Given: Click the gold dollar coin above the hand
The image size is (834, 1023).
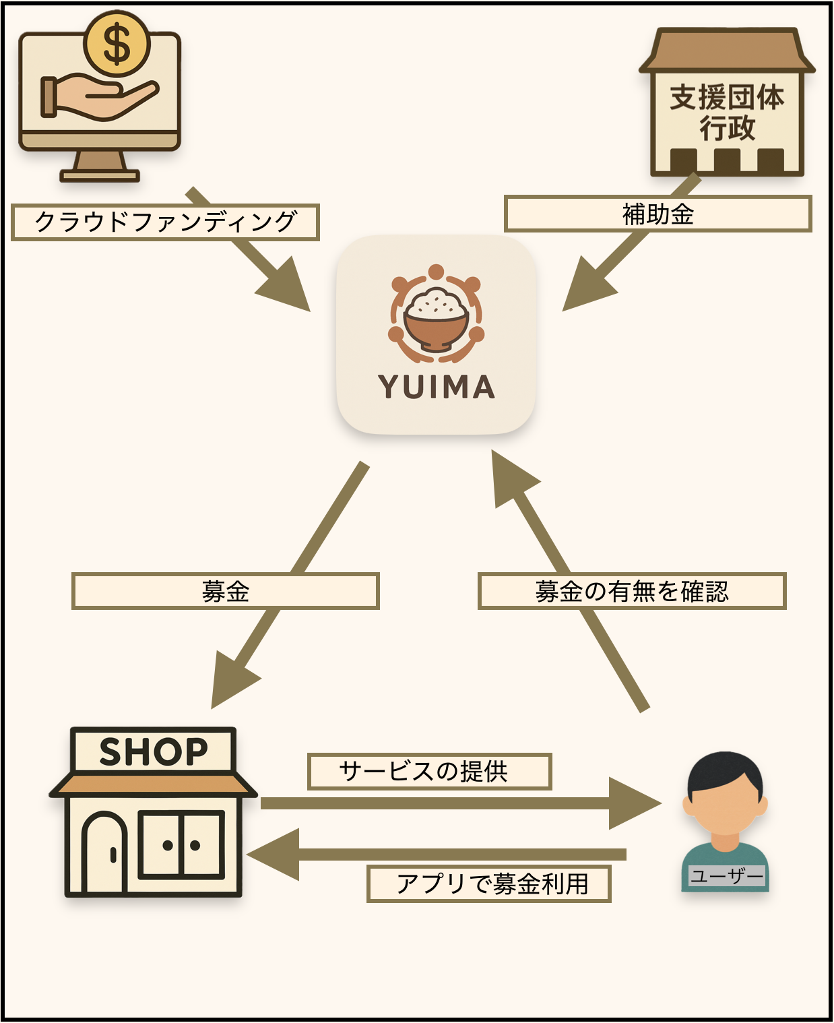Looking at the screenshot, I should point(117,44).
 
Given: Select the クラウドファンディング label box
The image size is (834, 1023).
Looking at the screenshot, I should point(165,222).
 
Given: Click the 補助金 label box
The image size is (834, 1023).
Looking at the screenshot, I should point(657,214).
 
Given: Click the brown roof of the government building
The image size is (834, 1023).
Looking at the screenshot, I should point(727,51).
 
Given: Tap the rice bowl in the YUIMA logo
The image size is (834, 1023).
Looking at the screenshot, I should point(436,317).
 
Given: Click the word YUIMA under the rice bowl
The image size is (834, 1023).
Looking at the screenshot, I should point(437,387).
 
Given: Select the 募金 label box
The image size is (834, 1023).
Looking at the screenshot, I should point(226,591).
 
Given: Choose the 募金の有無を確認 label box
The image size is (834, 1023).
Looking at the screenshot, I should point(632,591).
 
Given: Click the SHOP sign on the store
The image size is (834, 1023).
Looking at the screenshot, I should point(154,751).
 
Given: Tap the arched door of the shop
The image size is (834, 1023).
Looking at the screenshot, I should point(104,852).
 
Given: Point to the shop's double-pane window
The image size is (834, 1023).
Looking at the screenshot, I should point(181,845).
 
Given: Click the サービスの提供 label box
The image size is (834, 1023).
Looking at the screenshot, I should point(429,771).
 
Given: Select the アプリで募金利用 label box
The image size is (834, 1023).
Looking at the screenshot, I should point(489,883).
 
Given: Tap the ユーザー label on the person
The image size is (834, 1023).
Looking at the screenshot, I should point(726,876).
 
